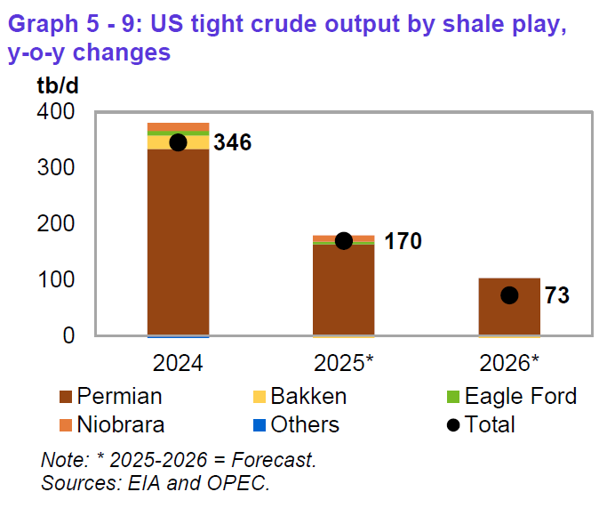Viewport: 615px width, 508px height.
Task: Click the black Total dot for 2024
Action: coord(178,142)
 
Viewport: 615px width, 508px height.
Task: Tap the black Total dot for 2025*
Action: coord(344,240)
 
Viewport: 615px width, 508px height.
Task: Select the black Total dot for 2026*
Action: coord(509,295)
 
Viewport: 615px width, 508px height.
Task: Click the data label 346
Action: coord(232,142)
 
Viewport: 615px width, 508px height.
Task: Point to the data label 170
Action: coord(403,240)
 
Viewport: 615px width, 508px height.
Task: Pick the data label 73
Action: coord(557,295)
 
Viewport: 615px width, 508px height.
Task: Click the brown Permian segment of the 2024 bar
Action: coord(178,242)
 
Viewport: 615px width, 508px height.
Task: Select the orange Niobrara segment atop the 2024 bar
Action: coord(178,127)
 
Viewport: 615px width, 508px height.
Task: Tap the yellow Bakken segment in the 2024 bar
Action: coord(178,142)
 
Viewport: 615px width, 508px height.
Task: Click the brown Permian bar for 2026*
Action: coord(509,307)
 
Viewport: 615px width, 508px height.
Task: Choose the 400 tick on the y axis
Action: coord(56,111)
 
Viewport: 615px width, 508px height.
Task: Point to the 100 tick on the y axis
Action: coord(56,279)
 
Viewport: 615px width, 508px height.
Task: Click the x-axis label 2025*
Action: coord(344,363)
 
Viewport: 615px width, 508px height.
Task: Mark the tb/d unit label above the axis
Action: coord(58,85)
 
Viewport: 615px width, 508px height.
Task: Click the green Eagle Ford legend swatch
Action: coord(453,397)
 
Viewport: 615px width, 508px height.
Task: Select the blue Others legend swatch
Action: coord(260,425)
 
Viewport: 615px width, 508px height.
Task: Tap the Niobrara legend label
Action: coord(120,424)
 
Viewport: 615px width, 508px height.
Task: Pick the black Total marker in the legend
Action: coord(453,425)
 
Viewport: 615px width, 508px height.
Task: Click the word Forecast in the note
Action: coord(274,460)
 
